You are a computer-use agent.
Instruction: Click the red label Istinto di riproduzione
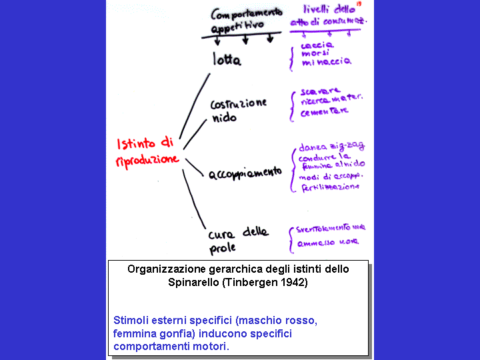coord(147,151)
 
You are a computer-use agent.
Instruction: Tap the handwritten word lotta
coord(227,59)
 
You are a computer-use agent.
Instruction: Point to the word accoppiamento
coord(245,173)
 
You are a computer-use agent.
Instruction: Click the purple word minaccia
coord(326,61)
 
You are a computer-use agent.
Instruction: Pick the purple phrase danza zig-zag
coord(332,147)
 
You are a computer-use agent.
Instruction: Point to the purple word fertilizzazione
coord(329,187)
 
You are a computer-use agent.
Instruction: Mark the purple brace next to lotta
coord(292,59)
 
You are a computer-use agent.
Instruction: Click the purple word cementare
coord(324,111)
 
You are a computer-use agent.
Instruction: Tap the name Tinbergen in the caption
coord(248,282)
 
